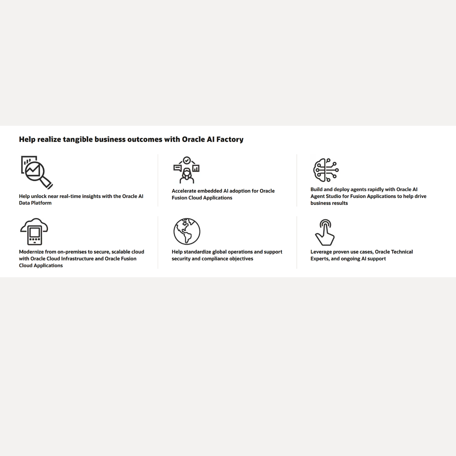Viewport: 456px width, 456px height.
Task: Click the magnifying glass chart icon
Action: tap(36, 172)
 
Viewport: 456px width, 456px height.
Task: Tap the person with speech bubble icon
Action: tap(187, 170)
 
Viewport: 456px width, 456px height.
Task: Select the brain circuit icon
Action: tap(325, 170)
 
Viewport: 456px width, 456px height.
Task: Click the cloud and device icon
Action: tap(34, 231)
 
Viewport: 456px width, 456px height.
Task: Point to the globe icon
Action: tap(187, 231)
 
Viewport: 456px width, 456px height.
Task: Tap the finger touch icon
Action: tap(325, 232)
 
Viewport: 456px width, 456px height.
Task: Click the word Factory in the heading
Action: tap(230, 139)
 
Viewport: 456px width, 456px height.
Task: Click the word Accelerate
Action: tap(184, 191)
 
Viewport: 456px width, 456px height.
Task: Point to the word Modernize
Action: tap(32, 252)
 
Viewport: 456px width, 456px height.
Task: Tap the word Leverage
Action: tap(321, 252)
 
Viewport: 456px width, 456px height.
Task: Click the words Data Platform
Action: tap(35, 203)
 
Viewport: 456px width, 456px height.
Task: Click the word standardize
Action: tap(197, 252)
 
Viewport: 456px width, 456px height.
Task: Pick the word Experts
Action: tap(320, 258)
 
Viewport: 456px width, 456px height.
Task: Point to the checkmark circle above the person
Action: tap(187, 160)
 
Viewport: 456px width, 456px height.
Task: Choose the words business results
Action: tap(329, 203)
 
